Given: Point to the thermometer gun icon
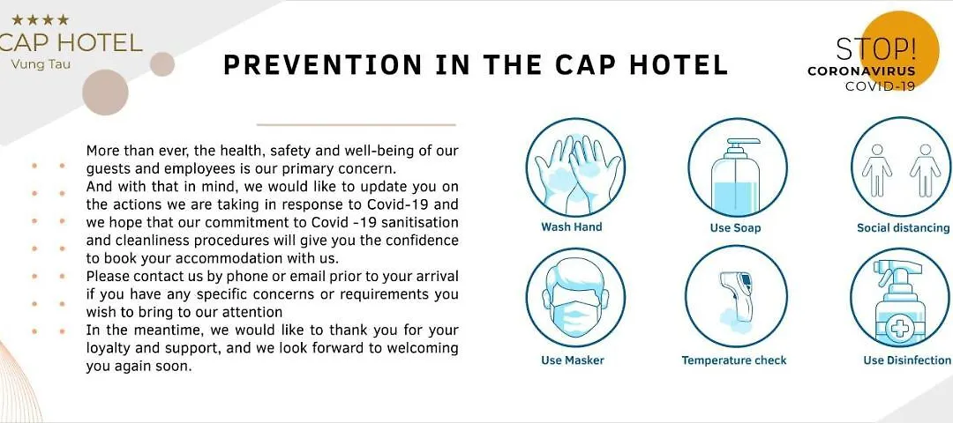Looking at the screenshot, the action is [x=736, y=297].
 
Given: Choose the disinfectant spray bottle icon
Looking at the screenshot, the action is [x=901, y=297].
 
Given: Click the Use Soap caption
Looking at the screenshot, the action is [x=735, y=228].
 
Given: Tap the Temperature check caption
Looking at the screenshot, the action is [x=733, y=360].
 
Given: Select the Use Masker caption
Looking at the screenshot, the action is [x=573, y=360].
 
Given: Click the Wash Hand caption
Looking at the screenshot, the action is [x=571, y=227].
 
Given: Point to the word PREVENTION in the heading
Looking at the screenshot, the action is [x=323, y=65].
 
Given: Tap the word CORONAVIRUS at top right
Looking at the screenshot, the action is [x=861, y=71].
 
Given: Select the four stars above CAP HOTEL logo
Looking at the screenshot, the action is [x=40, y=20].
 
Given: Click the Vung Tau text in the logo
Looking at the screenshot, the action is [x=40, y=63].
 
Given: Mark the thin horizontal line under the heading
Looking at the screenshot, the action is [x=356, y=124].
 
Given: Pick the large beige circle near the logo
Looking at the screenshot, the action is [x=105, y=93].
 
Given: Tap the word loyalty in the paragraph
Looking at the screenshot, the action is [x=107, y=350].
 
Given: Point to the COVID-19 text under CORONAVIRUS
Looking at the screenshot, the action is [x=880, y=86].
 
